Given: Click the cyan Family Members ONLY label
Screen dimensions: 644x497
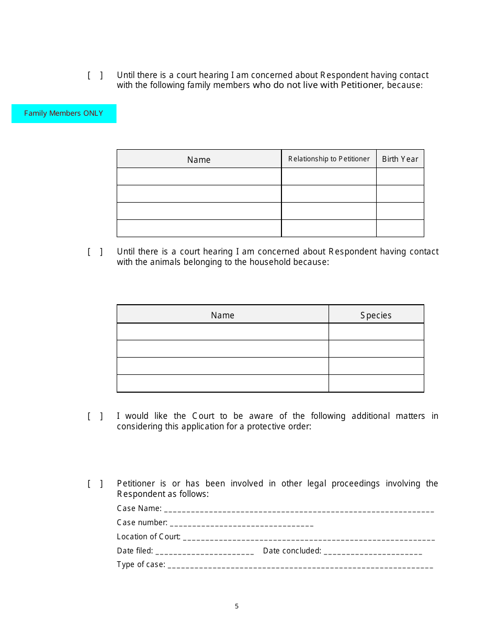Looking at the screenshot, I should [x=64, y=114].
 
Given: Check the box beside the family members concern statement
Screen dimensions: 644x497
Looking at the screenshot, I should [x=95, y=75].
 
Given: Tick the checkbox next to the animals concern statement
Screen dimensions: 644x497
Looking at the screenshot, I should [x=95, y=252].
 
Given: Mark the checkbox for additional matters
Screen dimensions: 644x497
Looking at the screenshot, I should [x=95, y=416].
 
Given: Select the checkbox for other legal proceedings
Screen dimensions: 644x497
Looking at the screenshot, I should [x=95, y=484].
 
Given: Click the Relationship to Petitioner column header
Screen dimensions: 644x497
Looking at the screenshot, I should [x=329, y=159].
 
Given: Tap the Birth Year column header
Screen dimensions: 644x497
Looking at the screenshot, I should [x=400, y=159].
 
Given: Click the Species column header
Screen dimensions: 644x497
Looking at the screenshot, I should [x=376, y=315].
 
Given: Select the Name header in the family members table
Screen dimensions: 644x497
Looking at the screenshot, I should [x=199, y=160].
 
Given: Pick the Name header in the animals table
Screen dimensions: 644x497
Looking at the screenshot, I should [x=222, y=315].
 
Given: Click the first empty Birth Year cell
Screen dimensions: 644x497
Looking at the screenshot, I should [x=400, y=176].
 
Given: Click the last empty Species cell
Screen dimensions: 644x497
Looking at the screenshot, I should [x=376, y=383].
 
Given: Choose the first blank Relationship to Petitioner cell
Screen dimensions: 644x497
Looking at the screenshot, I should [x=329, y=176].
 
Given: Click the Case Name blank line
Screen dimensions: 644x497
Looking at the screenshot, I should [x=299, y=509].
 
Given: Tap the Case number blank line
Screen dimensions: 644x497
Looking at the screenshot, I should [x=242, y=523].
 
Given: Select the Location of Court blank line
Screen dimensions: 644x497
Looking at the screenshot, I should [x=309, y=537].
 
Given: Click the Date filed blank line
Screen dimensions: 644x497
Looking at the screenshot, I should [x=205, y=551].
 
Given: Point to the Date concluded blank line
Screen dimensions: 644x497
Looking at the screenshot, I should [x=373, y=551].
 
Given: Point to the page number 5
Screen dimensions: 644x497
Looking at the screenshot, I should [x=236, y=606].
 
